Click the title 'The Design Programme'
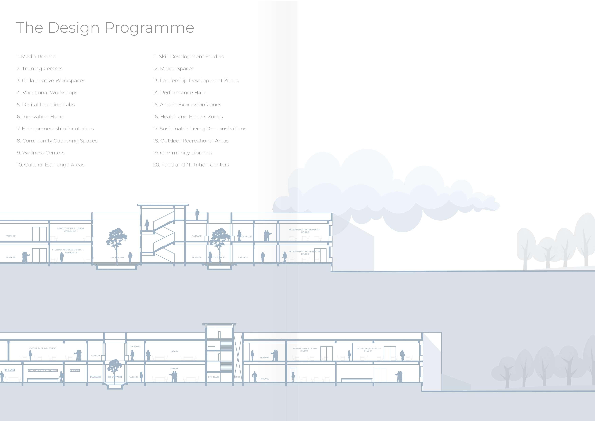105,28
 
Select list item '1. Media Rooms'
36,57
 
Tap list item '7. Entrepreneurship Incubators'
55,129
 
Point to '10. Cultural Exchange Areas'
51,165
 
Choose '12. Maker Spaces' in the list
173,68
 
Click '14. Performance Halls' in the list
179,93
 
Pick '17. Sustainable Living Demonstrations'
200,129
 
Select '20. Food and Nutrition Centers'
191,165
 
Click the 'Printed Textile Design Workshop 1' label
70,230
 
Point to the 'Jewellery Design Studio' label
42,348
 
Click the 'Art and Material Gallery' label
43,370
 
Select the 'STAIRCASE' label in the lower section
213,377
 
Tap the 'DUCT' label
237,377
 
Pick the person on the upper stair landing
147,225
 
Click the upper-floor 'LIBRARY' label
174,351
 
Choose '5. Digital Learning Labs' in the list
46,105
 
